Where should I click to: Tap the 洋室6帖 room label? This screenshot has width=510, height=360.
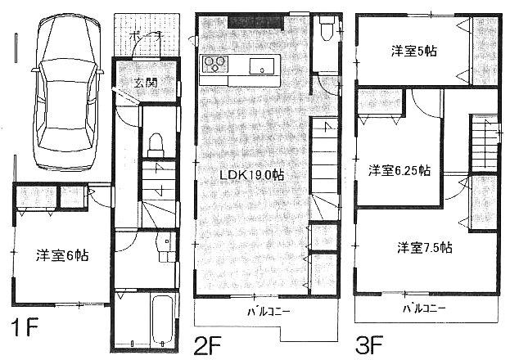[x=61, y=254]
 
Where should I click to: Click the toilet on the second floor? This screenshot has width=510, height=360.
[x=327, y=30]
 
